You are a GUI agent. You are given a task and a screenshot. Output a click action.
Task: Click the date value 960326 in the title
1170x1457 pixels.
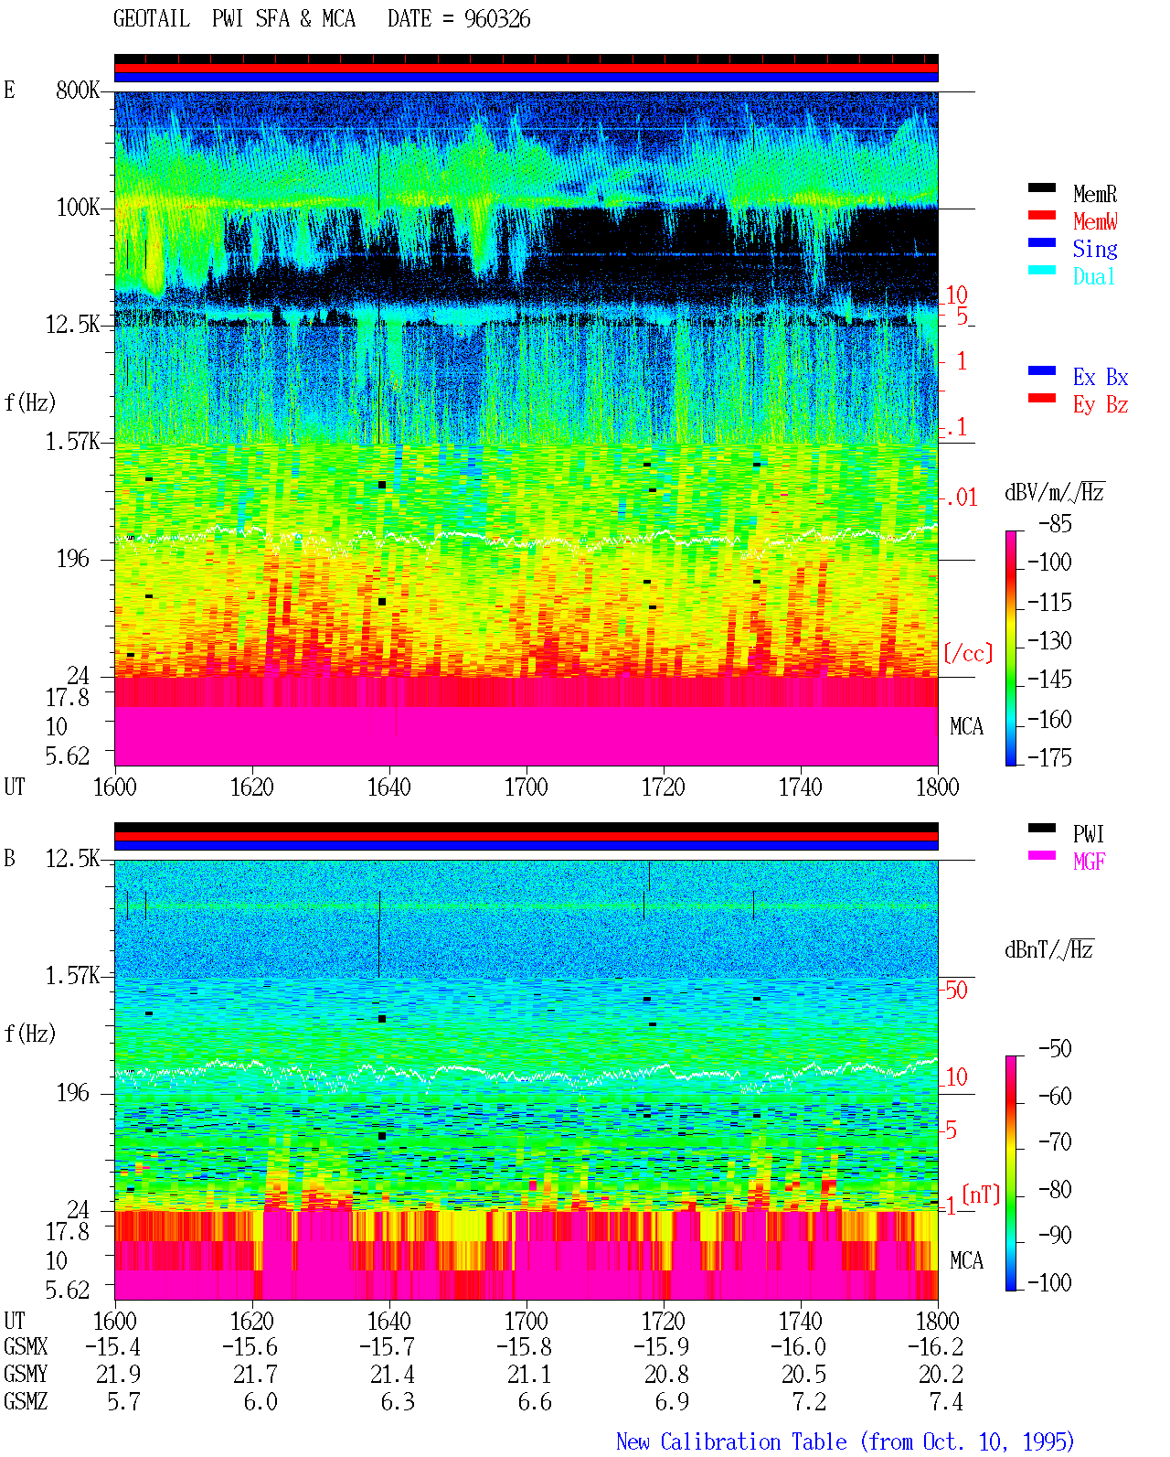click(x=496, y=19)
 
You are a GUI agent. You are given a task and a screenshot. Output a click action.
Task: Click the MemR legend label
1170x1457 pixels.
click(x=1094, y=194)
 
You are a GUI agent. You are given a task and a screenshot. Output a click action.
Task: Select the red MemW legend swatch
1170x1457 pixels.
click(x=1041, y=215)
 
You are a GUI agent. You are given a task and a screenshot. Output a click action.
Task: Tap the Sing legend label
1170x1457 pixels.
click(x=1094, y=249)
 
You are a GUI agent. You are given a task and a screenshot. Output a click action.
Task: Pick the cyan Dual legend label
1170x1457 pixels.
click(x=1093, y=276)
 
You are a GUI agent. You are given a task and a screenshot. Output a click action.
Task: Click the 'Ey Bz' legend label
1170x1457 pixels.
click(x=1101, y=404)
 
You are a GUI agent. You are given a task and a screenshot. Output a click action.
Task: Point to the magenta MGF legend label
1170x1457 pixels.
click(x=1089, y=862)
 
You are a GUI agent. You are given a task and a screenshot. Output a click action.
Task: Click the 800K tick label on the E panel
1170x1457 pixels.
click(x=77, y=90)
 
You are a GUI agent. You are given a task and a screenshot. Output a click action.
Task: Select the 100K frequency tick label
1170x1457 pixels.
click(x=78, y=208)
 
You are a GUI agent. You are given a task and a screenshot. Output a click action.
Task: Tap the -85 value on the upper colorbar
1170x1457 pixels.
click(x=1055, y=523)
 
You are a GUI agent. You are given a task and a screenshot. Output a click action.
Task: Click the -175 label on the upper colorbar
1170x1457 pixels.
click(x=1049, y=757)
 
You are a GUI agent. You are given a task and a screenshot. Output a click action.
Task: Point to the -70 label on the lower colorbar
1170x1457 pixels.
click(x=1055, y=1142)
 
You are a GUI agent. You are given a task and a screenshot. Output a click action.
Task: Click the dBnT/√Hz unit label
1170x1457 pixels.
click(x=1048, y=949)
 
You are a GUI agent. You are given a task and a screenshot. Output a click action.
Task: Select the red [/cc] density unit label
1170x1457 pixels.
click(x=968, y=653)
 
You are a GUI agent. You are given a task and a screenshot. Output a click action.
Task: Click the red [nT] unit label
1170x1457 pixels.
click(x=981, y=1195)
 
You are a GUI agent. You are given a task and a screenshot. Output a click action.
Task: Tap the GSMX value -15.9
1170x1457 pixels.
click(x=661, y=1346)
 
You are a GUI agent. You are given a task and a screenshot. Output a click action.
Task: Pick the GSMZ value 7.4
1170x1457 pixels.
click(x=946, y=1401)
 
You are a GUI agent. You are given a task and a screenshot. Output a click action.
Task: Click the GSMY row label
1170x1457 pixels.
click(x=26, y=1374)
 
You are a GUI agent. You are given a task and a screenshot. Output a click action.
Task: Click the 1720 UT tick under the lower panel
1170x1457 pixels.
click(x=664, y=1320)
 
